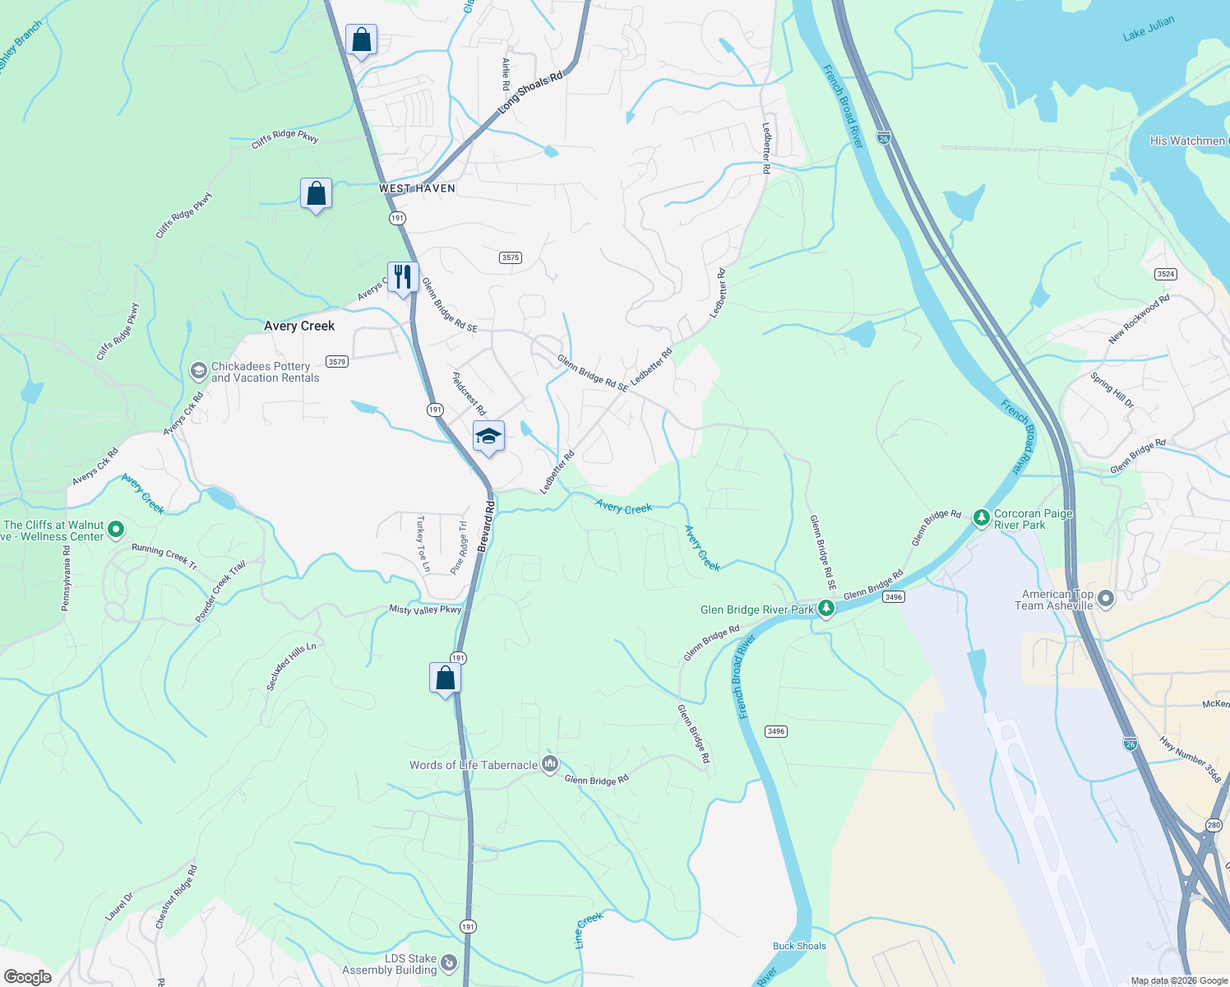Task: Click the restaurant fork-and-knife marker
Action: point(403,277)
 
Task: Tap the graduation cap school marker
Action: point(488,436)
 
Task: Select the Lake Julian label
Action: point(1149,29)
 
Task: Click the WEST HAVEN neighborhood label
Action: point(417,188)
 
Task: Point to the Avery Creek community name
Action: point(299,326)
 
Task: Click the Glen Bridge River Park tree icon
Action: point(826,609)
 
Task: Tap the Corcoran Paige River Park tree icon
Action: point(981,518)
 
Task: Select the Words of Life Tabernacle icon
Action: point(550,764)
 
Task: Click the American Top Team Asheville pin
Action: point(1106,599)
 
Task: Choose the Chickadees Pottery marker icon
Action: point(198,372)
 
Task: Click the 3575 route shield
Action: point(510,257)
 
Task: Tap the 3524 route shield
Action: point(1165,274)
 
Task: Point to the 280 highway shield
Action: point(1214,825)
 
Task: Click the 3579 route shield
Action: point(336,361)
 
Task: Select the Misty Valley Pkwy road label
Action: point(425,609)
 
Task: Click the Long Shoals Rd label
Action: point(531,92)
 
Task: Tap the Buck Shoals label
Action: point(799,946)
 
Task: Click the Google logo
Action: point(28,977)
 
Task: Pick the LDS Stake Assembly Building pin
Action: point(448,962)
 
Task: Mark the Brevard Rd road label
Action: point(485,526)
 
